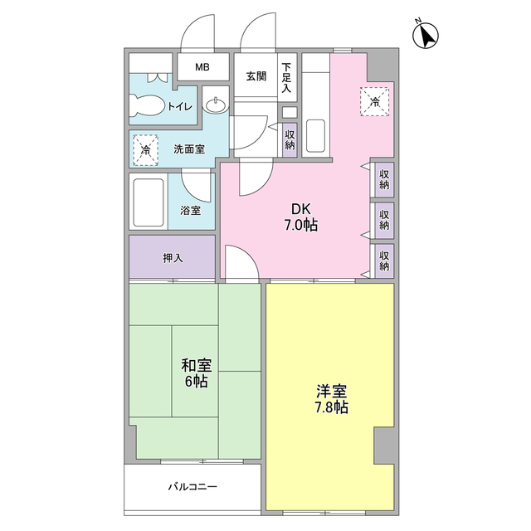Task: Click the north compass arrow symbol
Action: point(427,35)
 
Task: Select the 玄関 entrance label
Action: point(256,76)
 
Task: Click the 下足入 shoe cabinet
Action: point(287,76)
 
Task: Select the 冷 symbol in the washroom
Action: point(145,150)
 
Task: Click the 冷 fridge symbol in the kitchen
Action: point(375,102)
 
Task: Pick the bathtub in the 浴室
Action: point(149,202)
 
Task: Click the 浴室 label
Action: point(191,210)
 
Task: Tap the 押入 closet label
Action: point(173,258)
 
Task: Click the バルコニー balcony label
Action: point(192,486)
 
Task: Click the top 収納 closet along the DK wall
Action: point(384,178)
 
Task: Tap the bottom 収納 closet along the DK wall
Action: point(384,261)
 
